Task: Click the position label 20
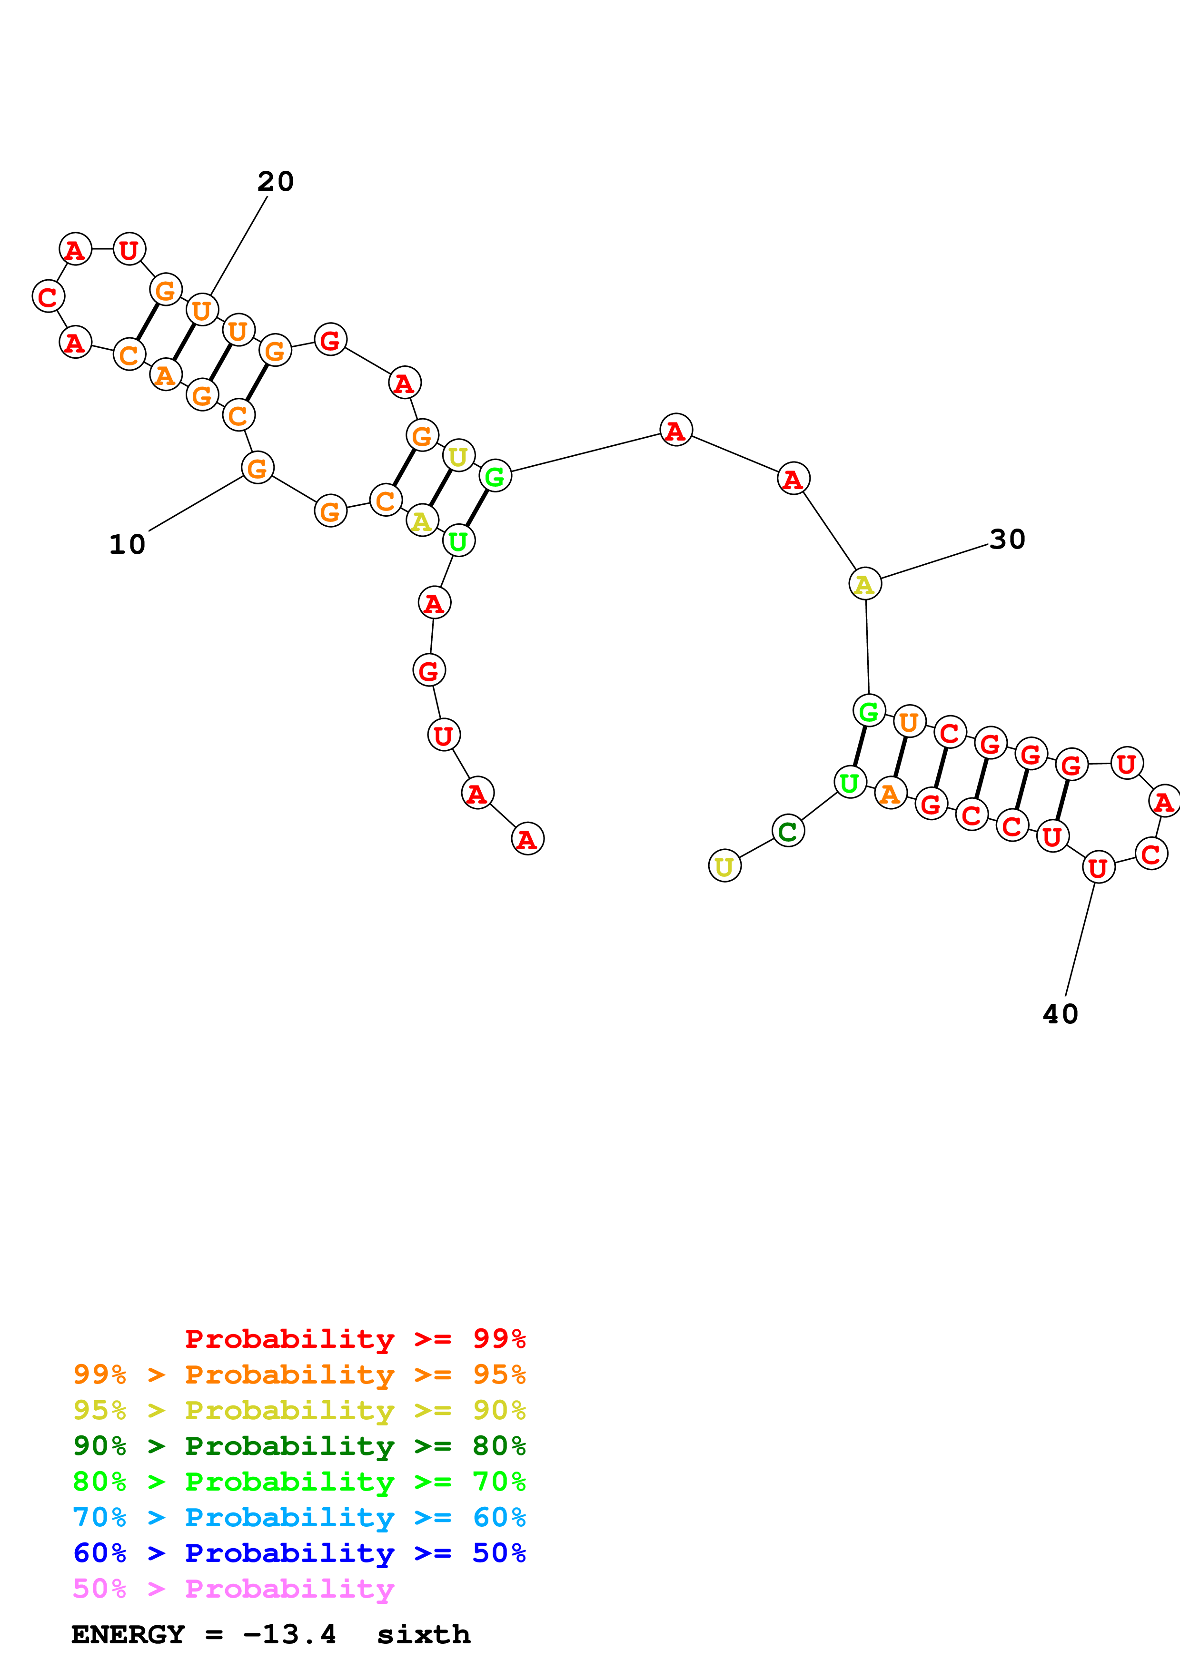point(276,182)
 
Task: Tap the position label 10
point(127,544)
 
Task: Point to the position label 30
point(1007,540)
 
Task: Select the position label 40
point(1060,1014)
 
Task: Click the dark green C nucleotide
point(787,832)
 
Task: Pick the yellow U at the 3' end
point(724,866)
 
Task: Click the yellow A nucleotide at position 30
point(864,584)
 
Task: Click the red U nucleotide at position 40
point(1098,867)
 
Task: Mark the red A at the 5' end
point(527,840)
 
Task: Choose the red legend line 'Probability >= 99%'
point(355,1338)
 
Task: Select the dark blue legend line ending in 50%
point(299,1553)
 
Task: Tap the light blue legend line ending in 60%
point(299,1517)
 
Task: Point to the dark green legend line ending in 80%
point(299,1446)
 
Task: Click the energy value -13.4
point(289,1634)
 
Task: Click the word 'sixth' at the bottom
point(423,1634)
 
